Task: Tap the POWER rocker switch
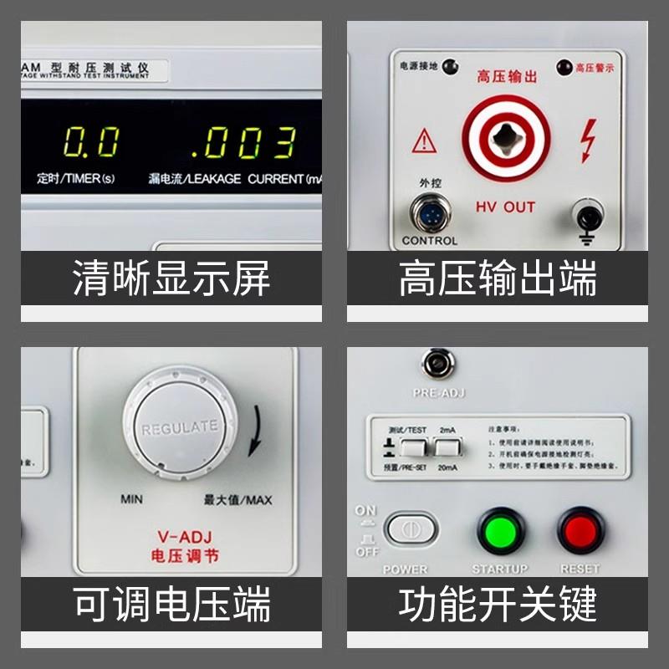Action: (x=411, y=530)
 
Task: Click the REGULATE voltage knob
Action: (x=179, y=428)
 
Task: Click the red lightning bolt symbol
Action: (x=588, y=140)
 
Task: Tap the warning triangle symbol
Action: (x=424, y=140)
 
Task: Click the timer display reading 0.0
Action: (x=91, y=143)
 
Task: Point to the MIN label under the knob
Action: (x=131, y=499)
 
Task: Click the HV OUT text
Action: (x=505, y=207)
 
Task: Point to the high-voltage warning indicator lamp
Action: (x=563, y=66)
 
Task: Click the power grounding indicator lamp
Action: (x=449, y=65)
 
